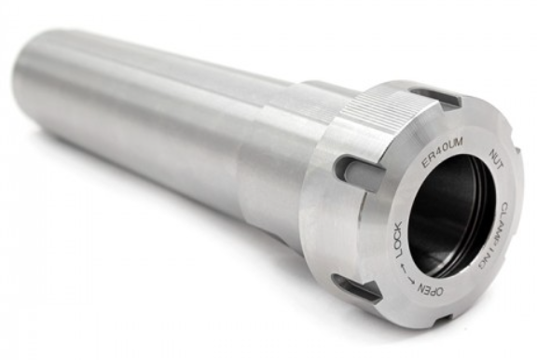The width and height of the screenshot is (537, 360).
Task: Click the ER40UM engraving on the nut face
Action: [442, 154]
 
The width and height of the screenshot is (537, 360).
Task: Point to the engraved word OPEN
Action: [429, 290]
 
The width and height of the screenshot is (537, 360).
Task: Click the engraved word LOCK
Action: [399, 241]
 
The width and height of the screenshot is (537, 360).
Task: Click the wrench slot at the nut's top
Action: [435, 95]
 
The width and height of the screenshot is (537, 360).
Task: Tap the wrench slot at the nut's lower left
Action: [358, 287]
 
